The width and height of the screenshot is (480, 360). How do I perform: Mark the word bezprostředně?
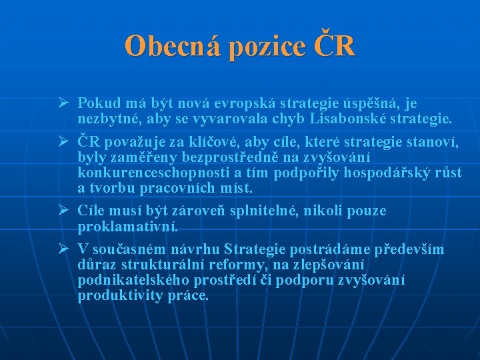coord(233,157)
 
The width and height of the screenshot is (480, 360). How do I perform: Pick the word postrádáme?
coord(317,249)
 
